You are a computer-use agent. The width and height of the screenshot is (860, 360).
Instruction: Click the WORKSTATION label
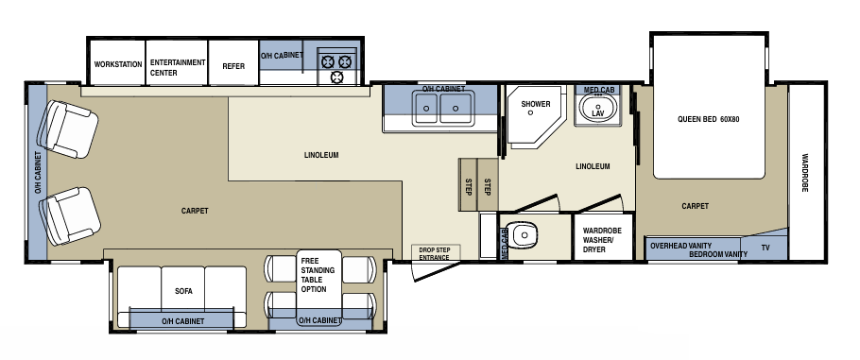click(x=118, y=65)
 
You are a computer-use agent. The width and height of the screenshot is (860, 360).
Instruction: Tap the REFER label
click(x=233, y=66)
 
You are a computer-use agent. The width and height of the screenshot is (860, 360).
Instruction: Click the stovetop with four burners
click(x=337, y=63)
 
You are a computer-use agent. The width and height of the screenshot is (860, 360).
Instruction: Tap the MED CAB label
click(x=599, y=90)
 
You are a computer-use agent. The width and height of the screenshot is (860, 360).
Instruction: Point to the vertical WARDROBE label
click(x=806, y=173)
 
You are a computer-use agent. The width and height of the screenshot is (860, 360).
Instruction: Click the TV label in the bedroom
click(x=765, y=248)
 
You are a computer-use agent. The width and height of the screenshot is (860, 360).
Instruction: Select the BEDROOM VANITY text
click(x=717, y=254)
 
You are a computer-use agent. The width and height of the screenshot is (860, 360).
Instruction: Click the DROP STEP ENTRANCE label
click(x=435, y=253)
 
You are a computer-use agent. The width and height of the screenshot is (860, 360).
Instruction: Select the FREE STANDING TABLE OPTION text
click(x=313, y=274)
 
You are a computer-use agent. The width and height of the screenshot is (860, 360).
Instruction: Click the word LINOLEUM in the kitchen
click(x=321, y=154)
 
